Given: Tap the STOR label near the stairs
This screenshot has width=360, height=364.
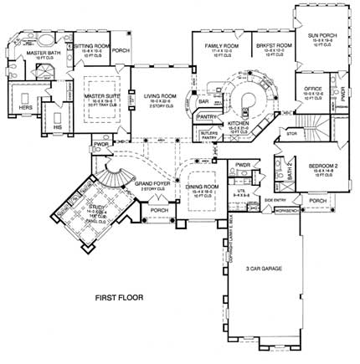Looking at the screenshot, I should pyautogui.click(x=291, y=132).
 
